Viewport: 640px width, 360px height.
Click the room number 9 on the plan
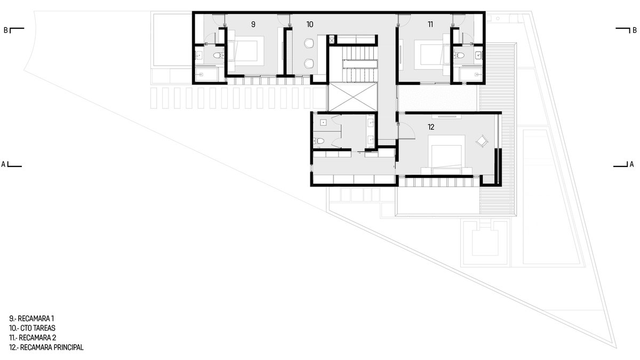[253, 25]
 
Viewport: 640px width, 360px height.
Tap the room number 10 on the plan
[310, 25]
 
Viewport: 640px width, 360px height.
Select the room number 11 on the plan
[430, 25]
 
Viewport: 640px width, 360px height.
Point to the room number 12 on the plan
[431, 127]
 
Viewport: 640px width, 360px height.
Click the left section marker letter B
[6, 30]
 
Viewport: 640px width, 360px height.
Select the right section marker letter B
[635, 30]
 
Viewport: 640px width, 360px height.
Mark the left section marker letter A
[3, 164]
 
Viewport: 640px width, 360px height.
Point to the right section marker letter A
[631, 164]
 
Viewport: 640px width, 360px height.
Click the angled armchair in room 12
[482, 141]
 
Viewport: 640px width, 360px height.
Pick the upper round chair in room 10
[309, 43]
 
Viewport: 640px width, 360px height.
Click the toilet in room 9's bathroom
[219, 55]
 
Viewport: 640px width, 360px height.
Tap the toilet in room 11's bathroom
[459, 55]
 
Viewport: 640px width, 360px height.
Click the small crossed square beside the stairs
[332, 39]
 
